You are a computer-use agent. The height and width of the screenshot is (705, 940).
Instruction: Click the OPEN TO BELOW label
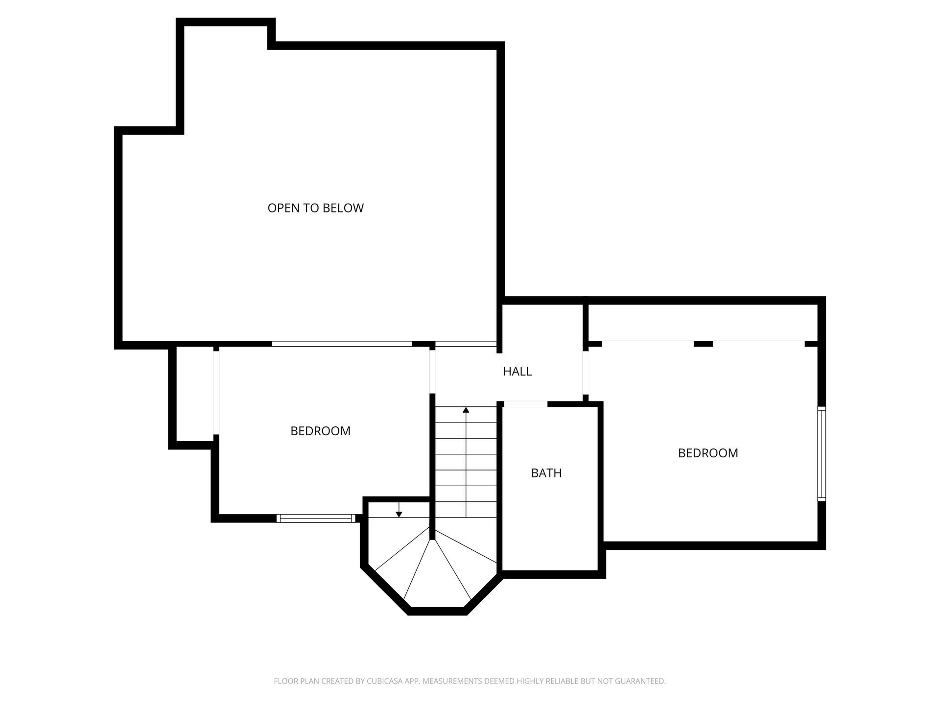[315, 208]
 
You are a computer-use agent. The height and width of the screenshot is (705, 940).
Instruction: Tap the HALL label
[517, 372]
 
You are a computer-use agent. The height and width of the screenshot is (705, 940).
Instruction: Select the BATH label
[546, 473]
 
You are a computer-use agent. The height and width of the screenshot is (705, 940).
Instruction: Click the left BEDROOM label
[320, 431]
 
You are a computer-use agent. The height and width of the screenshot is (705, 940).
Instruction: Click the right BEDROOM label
[708, 453]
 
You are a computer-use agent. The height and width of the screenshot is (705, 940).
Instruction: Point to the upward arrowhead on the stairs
[466, 409]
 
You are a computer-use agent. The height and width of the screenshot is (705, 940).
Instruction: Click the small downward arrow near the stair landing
[399, 510]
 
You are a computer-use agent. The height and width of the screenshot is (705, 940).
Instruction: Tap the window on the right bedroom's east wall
[822, 454]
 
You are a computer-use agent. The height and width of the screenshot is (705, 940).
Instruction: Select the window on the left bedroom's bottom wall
[316, 518]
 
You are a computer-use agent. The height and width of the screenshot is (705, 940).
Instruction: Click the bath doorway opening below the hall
[525, 404]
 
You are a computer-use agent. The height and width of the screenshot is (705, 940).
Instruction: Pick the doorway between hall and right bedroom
[586, 373]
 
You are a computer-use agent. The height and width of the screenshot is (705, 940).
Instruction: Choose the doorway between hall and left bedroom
[432, 371]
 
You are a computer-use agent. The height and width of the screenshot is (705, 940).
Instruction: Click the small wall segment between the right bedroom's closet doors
[704, 344]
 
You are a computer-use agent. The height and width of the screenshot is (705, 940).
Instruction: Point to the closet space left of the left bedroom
[195, 395]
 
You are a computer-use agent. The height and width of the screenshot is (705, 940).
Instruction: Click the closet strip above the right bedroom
[703, 322]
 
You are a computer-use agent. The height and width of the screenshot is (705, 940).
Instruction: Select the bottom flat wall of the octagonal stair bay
[437, 611]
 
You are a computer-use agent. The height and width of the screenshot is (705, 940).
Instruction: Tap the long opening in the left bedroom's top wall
[342, 344]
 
